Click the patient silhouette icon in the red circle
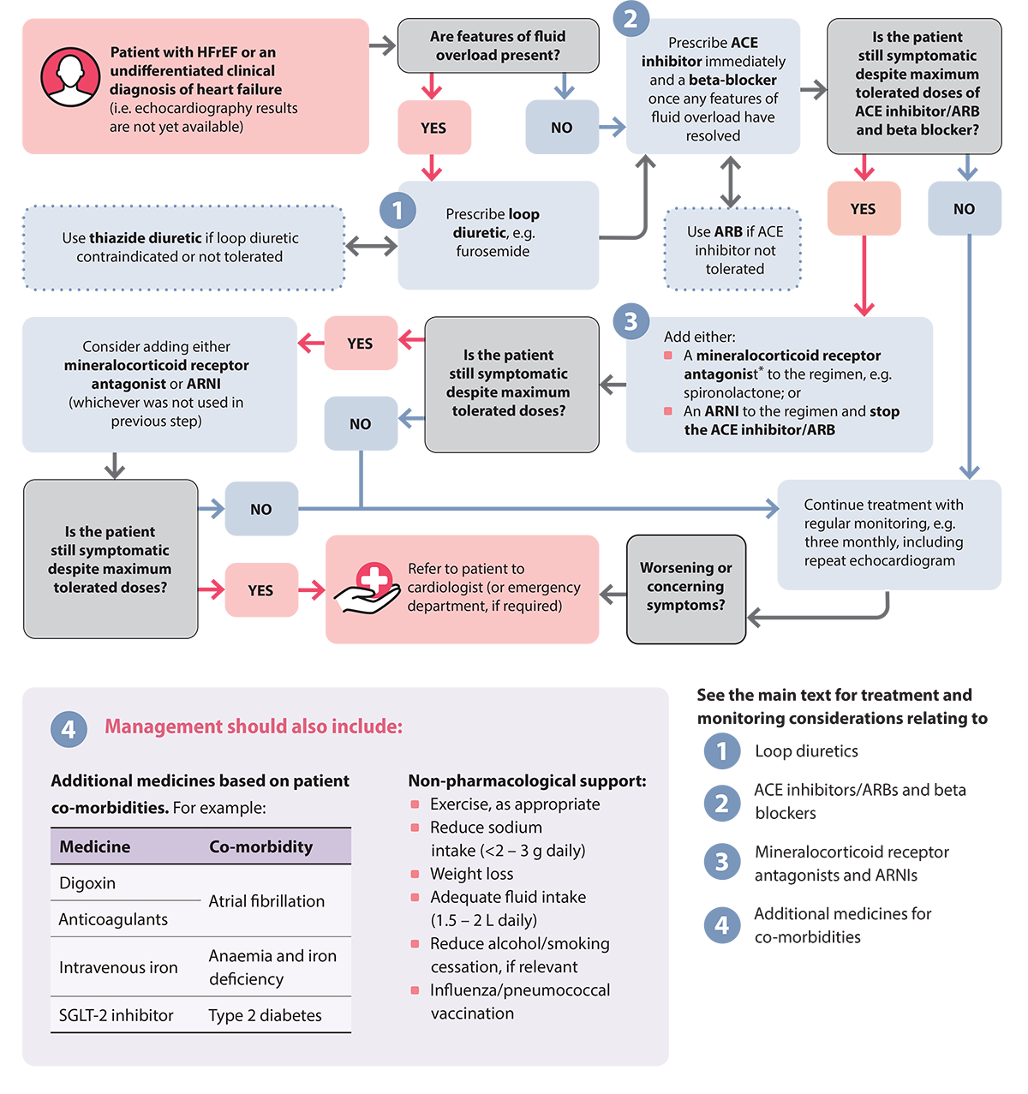[70, 77]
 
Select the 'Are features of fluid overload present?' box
[498, 46]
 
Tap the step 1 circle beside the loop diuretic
[397, 211]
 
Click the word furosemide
[493, 252]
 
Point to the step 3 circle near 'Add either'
[631, 321]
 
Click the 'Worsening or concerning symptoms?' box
[685, 587]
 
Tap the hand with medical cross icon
[368, 589]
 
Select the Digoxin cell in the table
[87, 883]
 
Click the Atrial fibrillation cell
[266, 901]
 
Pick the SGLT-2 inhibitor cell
[116, 1015]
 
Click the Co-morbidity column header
[260, 846]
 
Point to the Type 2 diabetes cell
[265, 1015]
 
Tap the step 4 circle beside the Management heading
[69, 729]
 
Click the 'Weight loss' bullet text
[471, 874]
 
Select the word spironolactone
[733, 392]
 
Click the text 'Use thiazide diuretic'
[132, 238]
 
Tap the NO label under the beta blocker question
[964, 209]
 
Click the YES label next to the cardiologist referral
[260, 591]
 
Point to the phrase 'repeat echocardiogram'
[879, 561]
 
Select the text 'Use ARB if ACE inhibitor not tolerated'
[735, 250]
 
